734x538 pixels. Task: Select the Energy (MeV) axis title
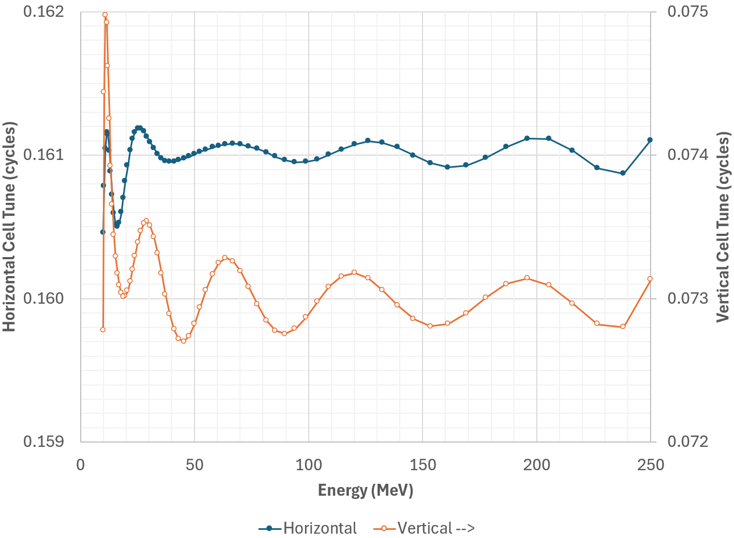(366, 490)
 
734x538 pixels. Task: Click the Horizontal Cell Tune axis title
(10, 227)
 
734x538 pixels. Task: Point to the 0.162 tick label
(43, 11)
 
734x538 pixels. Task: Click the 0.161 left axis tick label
(43, 155)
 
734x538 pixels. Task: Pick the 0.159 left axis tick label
(43, 441)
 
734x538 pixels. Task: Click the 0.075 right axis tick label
(687, 11)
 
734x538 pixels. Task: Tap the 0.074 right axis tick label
(687, 155)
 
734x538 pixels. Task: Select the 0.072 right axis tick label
(687, 441)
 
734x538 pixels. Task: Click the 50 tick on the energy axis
(194, 465)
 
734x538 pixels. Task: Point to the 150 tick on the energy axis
(423, 465)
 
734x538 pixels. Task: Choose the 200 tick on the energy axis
(537, 465)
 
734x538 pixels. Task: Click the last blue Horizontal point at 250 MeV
(650, 140)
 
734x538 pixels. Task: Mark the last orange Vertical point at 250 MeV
(650, 279)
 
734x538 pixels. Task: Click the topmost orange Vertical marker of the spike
(105, 15)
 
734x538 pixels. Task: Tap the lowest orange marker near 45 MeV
(183, 341)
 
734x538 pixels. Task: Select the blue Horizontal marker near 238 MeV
(623, 173)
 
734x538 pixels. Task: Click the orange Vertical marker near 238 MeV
(623, 326)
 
